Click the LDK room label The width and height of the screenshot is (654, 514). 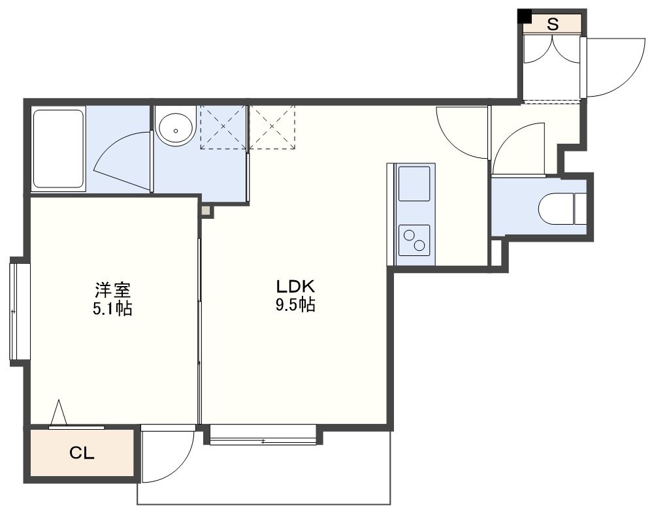[295, 286]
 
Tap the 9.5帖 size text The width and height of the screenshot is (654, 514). [295, 306]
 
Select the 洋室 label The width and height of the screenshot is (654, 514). [113, 289]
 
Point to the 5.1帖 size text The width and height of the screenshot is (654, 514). [112, 308]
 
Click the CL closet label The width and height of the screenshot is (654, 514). [82, 453]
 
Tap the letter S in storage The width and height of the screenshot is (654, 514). [553, 25]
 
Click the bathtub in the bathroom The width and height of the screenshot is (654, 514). [58, 149]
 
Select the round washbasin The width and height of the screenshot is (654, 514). [176, 130]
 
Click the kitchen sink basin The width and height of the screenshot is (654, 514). [414, 184]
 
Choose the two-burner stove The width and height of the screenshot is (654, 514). [414, 240]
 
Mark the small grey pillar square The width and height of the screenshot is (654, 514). [206, 211]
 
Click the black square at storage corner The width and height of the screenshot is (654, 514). [524, 16]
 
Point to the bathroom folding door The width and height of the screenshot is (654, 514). [122, 163]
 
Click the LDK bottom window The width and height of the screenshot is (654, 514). [263, 435]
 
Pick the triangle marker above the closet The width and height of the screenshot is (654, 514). [59, 412]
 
